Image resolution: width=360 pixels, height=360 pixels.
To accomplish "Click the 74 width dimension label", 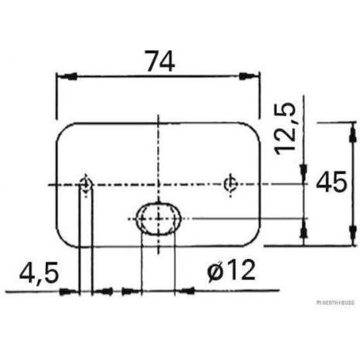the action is (x=160, y=61).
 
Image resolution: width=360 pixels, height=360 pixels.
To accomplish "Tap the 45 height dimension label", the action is (x=331, y=182).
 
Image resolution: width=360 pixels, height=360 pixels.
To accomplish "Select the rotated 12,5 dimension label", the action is (x=286, y=129).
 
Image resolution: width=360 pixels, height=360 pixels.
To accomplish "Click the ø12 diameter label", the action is (x=231, y=271).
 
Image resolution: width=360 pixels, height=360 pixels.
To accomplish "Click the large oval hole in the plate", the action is (x=158, y=219).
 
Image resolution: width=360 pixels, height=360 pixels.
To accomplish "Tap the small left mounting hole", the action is (x=85, y=184).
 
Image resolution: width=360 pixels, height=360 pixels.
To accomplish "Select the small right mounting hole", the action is (x=230, y=184).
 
